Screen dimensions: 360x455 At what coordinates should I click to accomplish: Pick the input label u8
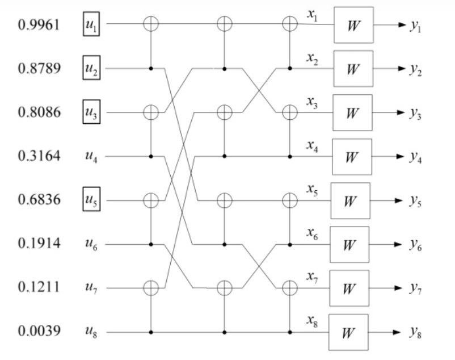pos(91,332)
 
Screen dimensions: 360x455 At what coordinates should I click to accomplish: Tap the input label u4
pos(91,157)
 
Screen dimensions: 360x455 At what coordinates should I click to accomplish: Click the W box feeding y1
pos(353,25)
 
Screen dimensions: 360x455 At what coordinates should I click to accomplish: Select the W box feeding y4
pos(352,157)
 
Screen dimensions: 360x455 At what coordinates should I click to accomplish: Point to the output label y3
pos(416,113)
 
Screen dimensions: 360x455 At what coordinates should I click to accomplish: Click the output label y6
pos(416,245)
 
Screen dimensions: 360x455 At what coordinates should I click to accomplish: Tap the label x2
pos(311,57)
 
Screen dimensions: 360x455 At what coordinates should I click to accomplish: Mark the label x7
pos(311,277)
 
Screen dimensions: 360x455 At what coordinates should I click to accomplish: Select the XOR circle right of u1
pos(151,24)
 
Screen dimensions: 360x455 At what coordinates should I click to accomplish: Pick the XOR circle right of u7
pos(151,288)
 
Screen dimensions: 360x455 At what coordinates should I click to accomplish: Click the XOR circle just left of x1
pos(290,24)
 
